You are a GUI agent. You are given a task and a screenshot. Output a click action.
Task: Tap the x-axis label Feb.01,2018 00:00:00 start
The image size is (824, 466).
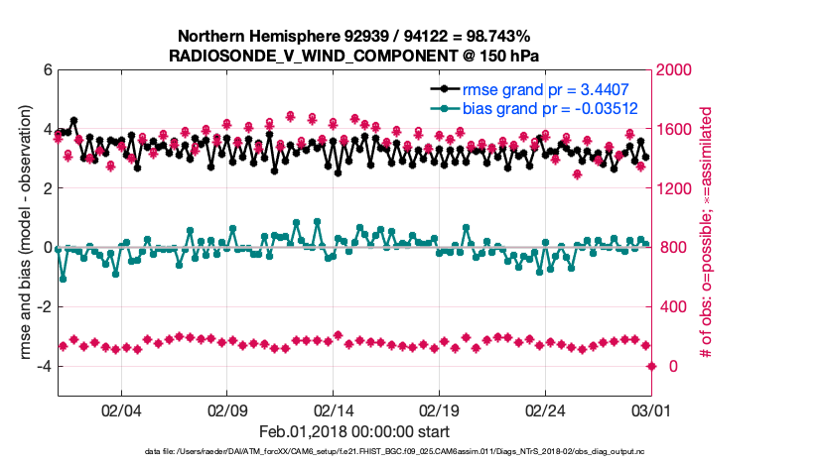click(354, 431)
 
